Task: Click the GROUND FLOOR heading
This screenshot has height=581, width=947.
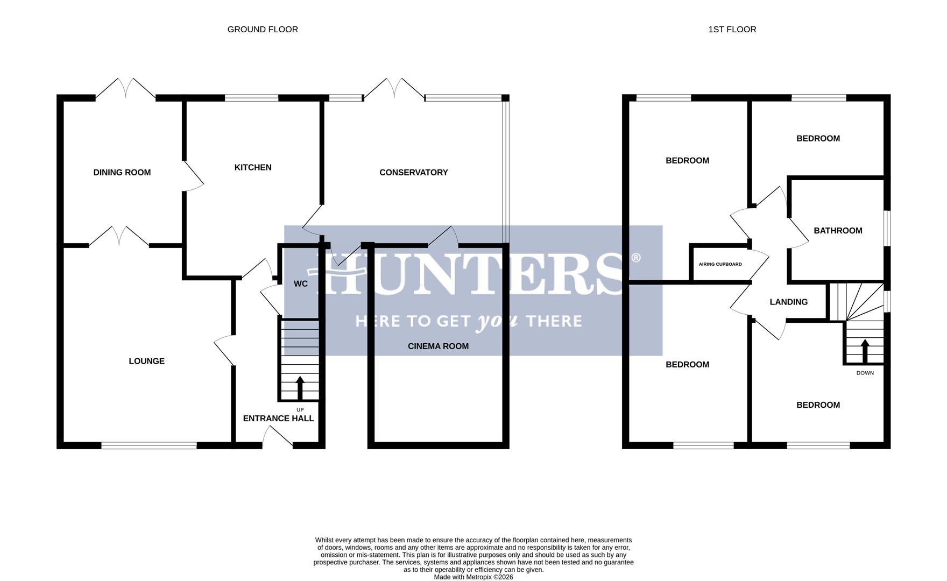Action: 263,30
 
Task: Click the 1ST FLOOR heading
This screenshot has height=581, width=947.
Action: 732,30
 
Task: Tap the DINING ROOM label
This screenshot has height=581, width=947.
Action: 122,173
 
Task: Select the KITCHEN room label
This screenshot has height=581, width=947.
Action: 253,168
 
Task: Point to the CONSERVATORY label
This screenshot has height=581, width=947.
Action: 413,173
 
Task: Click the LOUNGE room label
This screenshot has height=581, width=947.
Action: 146,362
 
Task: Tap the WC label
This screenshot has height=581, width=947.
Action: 301,284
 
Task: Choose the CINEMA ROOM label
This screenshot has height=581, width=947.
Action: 438,346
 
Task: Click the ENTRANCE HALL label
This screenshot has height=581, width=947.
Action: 278,419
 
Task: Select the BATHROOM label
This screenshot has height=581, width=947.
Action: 838,231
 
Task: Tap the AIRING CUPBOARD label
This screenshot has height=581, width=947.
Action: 720,264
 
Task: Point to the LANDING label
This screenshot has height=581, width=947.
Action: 788,302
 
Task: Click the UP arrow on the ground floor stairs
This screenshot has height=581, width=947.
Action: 300,387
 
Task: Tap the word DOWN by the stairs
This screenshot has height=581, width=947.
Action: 865,373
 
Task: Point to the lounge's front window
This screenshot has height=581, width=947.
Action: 149,445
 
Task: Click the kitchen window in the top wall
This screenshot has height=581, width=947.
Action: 251,98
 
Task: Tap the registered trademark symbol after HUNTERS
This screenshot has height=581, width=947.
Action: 635,258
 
